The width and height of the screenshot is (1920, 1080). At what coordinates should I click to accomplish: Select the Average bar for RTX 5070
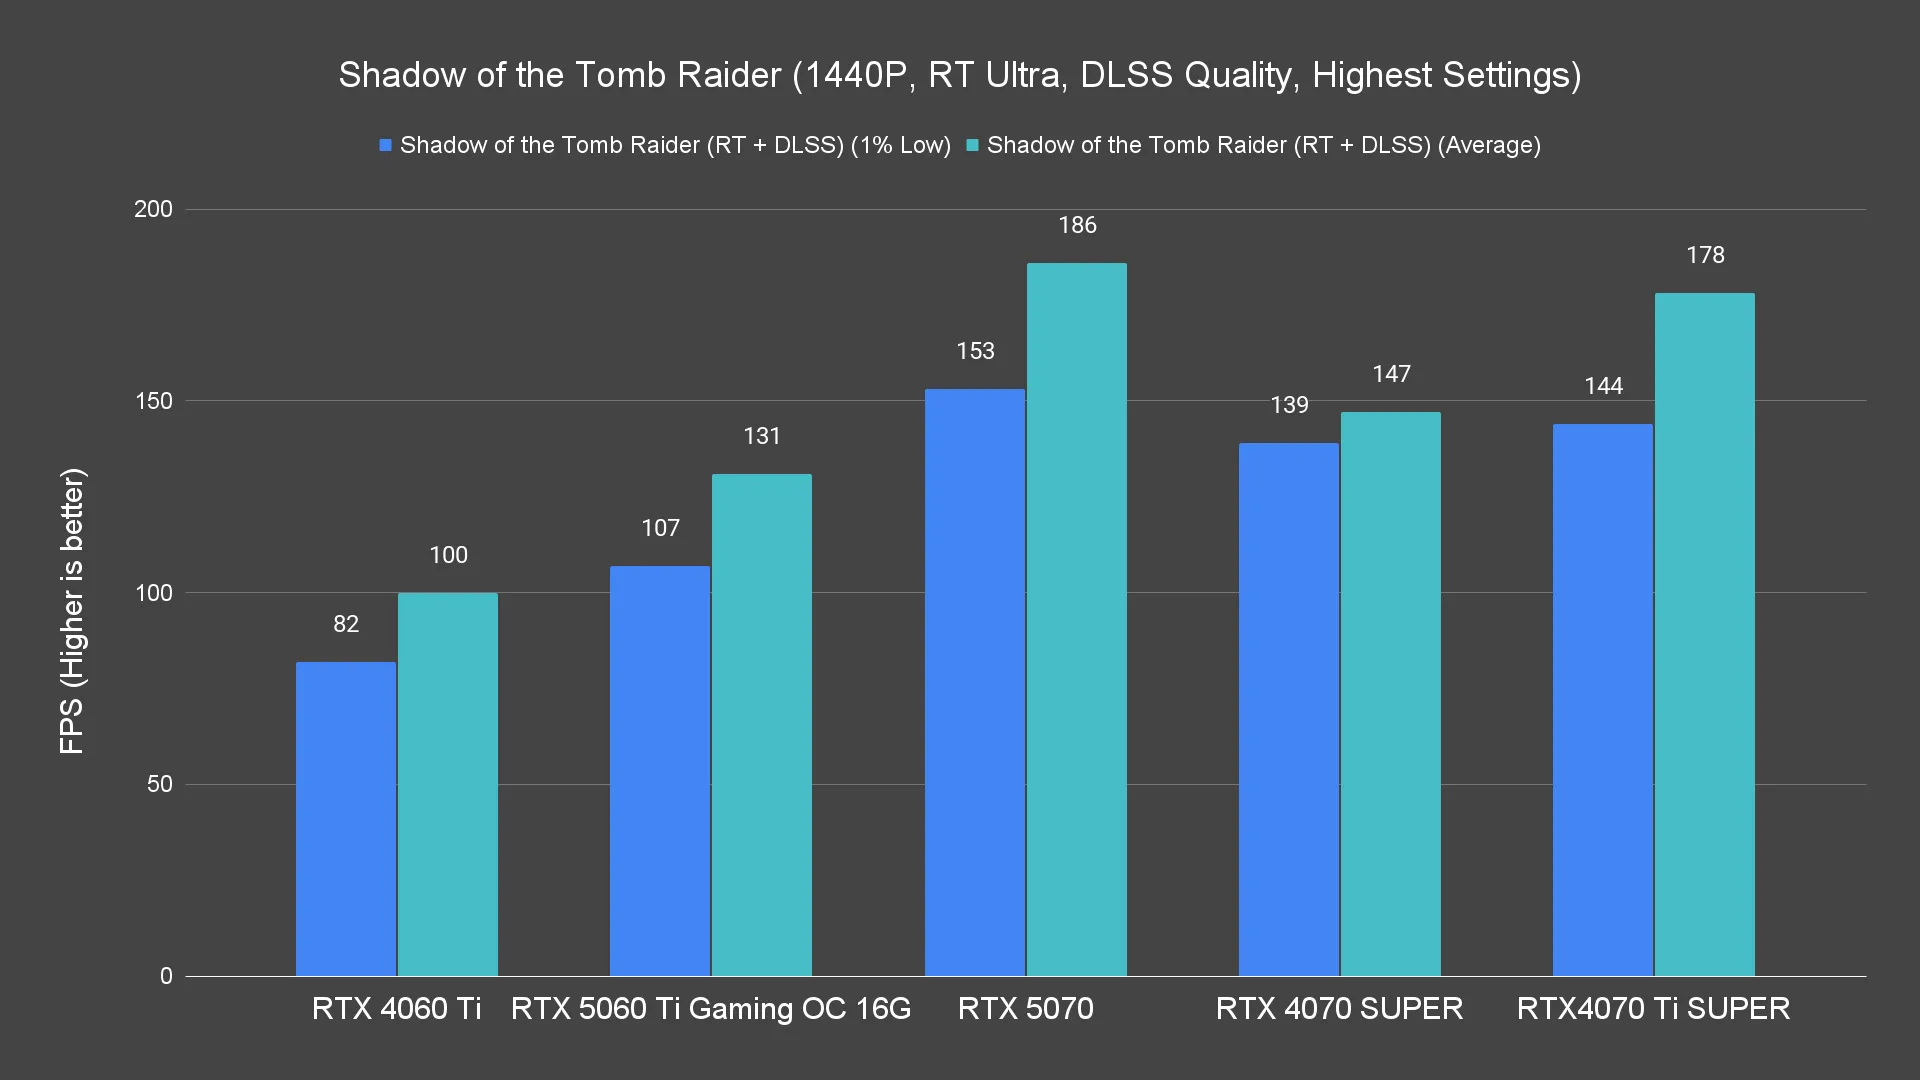pos(1076,619)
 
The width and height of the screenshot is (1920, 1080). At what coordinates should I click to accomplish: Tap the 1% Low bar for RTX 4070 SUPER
pos(1288,709)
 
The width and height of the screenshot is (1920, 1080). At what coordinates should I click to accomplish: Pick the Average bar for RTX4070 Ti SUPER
pos(1704,634)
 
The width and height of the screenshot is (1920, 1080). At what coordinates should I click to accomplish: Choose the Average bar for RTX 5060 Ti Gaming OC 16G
pos(761,724)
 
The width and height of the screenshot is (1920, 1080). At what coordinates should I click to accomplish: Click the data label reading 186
pos(1077,226)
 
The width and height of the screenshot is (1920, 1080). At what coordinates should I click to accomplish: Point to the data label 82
pos(346,624)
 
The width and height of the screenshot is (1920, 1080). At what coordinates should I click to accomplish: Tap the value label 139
pos(1289,405)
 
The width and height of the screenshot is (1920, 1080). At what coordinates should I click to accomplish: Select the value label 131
pos(761,436)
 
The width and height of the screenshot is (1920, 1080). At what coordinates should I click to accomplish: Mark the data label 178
pos(1705,255)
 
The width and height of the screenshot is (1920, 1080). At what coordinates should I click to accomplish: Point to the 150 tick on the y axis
pos(153,401)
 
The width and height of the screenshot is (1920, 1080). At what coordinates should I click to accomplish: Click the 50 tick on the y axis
pos(160,784)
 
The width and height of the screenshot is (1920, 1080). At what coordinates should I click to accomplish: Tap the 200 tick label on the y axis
pos(153,209)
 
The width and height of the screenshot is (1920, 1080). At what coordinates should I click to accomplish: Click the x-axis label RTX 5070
pos(1025,1008)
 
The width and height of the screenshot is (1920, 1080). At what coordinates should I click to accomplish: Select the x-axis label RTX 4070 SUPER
pos(1339,1008)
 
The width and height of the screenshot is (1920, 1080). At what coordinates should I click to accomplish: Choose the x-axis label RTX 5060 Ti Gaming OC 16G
pos(711,1008)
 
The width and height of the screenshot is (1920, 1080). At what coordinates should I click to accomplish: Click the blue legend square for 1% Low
pos(385,146)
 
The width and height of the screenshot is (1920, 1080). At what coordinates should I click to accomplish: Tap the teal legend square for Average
pos(972,146)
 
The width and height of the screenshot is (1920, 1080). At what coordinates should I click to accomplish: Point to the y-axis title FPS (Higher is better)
pos(72,610)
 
